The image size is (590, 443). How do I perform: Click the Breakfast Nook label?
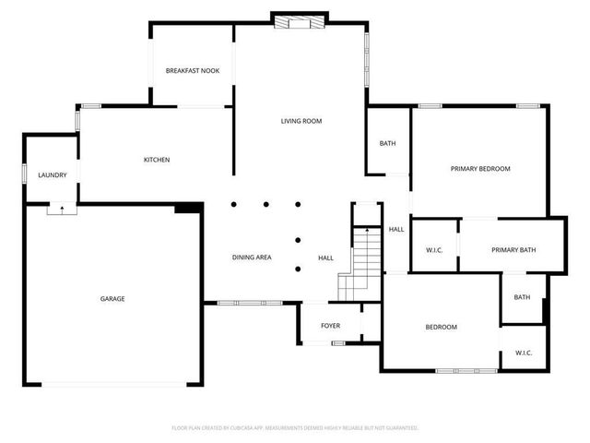(x=193, y=71)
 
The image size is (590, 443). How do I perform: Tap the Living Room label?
(x=301, y=121)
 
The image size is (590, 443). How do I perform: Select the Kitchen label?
(x=157, y=160)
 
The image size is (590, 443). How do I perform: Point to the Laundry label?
(x=51, y=175)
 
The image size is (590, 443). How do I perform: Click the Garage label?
(x=112, y=298)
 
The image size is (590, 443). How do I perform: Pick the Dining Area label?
(x=251, y=257)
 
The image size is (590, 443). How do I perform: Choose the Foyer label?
(x=330, y=326)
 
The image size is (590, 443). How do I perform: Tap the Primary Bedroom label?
(x=479, y=169)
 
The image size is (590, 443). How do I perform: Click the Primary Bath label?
(x=513, y=250)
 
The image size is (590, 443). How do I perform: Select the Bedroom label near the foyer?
(x=441, y=328)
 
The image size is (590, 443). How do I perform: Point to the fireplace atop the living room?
(x=299, y=19)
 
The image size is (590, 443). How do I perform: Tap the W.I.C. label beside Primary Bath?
(x=434, y=250)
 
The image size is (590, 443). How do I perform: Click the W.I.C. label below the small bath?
(x=524, y=353)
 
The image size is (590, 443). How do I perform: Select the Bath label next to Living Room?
(x=387, y=143)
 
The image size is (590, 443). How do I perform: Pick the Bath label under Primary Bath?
(x=522, y=297)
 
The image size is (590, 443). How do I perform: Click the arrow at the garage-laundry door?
(x=62, y=209)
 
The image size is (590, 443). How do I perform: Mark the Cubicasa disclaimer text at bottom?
(x=295, y=428)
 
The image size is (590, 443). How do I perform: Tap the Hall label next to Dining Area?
(x=325, y=257)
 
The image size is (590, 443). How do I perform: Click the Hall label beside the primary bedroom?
(x=396, y=229)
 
